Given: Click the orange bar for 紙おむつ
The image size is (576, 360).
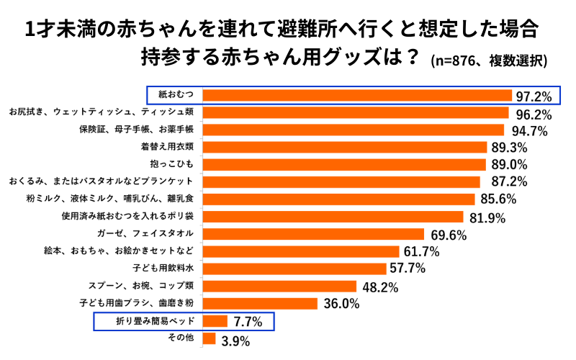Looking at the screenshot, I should tap(357, 95).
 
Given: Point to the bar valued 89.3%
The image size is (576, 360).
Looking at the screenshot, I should tap(345, 147).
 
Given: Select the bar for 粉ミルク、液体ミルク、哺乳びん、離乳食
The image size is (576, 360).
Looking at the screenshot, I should tap(338, 199).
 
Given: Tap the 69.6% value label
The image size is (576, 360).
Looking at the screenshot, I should tap(449, 234).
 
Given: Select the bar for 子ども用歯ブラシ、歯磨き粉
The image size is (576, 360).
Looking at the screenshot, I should tap(260, 303).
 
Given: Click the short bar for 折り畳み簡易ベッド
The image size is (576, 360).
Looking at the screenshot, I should tap(215, 320).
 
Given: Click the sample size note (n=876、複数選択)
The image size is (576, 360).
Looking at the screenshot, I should tap(489, 60).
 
